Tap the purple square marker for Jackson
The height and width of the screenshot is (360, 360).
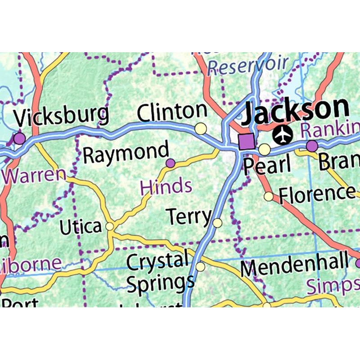(x=247, y=141)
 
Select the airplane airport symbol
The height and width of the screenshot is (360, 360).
(x=283, y=134)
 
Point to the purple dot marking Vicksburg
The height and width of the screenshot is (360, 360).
(x=19, y=138)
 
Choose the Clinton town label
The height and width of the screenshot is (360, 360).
(x=172, y=112)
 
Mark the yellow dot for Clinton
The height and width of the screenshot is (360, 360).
(x=201, y=129)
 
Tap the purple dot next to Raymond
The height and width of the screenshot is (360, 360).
(x=170, y=163)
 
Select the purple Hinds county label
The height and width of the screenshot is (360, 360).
(x=166, y=186)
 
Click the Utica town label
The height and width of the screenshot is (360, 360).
(x=81, y=227)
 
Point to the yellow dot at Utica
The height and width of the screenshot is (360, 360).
(x=109, y=226)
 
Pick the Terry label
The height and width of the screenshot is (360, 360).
(x=189, y=217)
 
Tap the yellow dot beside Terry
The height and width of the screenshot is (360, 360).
(x=217, y=223)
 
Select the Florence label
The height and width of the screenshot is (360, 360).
(x=317, y=194)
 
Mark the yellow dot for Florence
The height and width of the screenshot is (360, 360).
(x=269, y=196)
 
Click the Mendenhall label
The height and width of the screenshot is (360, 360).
(x=294, y=266)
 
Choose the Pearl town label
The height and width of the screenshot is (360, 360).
(x=267, y=165)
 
